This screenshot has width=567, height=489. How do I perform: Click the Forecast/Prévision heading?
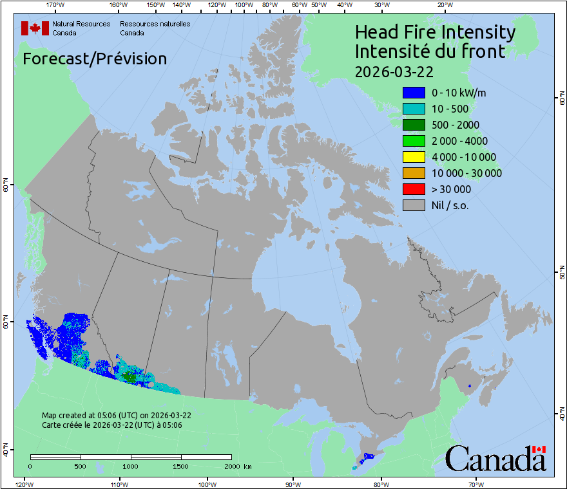(95, 59)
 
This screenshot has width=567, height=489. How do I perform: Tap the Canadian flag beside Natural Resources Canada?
(35, 28)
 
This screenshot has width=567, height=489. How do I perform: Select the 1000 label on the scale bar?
(131, 466)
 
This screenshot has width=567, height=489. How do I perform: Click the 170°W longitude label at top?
(56, 5)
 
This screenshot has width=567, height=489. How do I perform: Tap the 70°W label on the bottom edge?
(476, 484)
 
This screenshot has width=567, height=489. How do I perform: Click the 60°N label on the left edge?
(5, 187)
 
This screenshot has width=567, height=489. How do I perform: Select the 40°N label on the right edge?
(562, 415)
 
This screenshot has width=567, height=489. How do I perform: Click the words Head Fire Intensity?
(435, 32)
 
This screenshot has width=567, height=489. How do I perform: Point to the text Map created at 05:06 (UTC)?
(116, 416)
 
